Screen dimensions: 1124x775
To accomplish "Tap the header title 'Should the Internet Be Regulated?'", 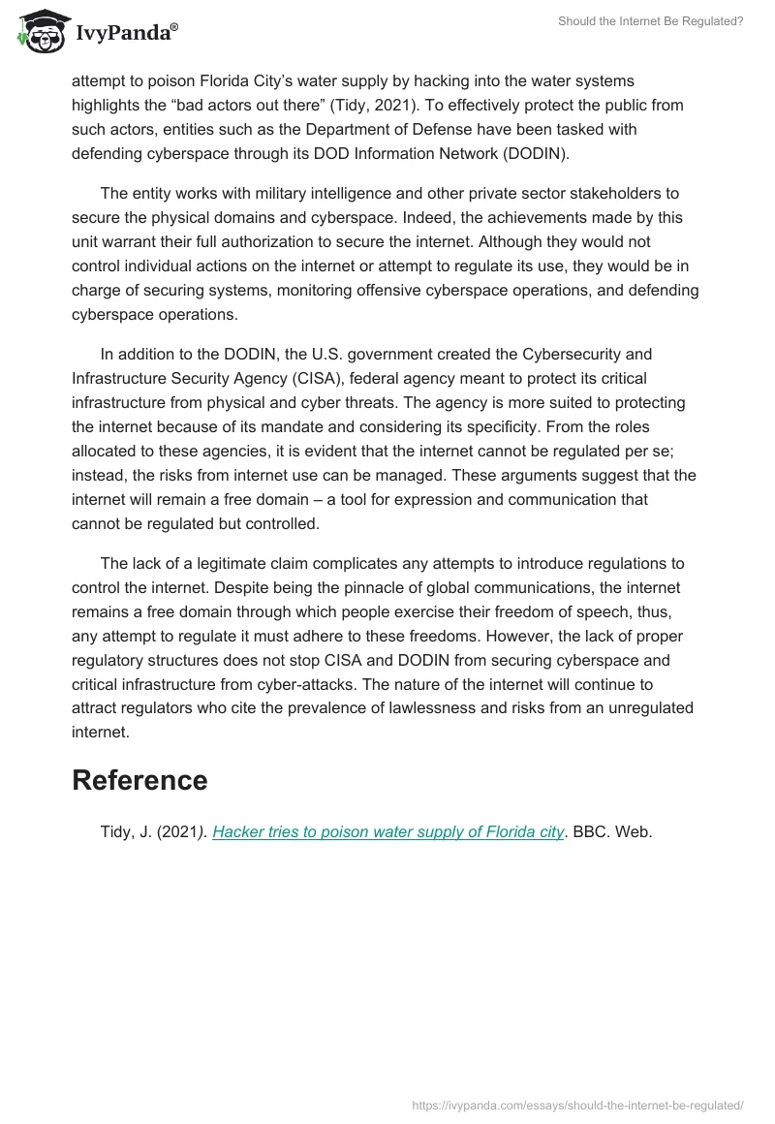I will [x=650, y=20].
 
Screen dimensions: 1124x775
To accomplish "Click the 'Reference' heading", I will [x=139, y=780].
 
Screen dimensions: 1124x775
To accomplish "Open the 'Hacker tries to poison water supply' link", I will [x=387, y=832].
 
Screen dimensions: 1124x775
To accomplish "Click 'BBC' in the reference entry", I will [x=591, y=832].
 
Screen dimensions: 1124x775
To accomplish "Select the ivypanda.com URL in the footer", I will [x=576, y=1105].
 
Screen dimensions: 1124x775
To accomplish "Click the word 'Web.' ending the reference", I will [x=635, y=832].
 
